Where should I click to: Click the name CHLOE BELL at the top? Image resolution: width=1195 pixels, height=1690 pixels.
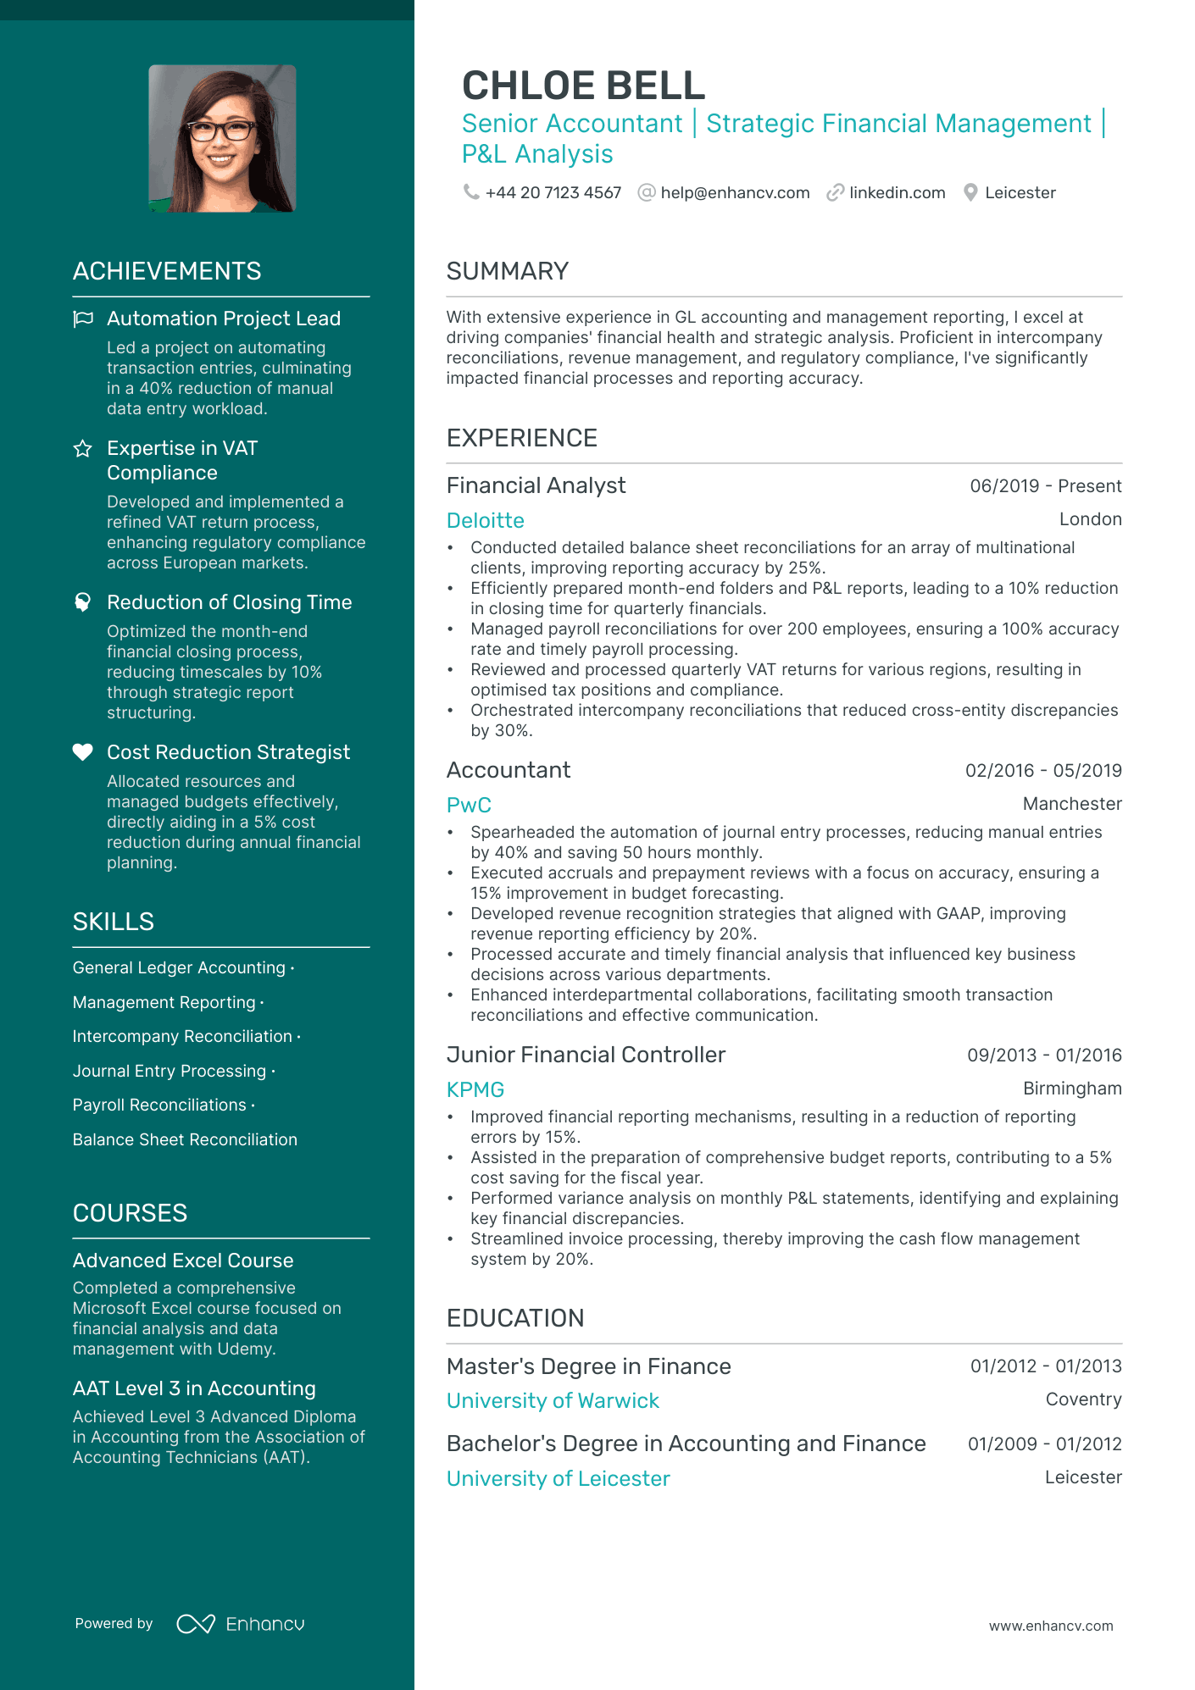pos(583,86)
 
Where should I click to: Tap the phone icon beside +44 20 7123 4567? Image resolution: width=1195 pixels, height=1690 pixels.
pos(470,192)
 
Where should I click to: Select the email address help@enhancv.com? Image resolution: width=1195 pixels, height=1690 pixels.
pos(735,193)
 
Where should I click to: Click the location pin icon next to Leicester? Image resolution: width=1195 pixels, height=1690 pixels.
pos(970,193)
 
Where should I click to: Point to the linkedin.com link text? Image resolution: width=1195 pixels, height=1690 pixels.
pos(897,193)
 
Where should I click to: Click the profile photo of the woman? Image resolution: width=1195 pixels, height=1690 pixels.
pos(222,138)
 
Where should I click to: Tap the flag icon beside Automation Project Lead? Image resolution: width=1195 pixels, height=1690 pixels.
pos(83,319)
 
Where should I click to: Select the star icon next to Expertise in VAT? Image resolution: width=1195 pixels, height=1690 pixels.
pos(83,449)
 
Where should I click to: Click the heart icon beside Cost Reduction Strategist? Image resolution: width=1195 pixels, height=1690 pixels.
pos(83,752)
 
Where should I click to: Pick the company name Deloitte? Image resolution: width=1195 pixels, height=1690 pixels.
pos(486,520)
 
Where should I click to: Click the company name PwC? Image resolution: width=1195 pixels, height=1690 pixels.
pos(469,805)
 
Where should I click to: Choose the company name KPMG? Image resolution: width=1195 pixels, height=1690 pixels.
pos(475,1089)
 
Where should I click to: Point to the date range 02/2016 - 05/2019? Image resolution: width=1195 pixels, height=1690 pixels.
pos(1043,771)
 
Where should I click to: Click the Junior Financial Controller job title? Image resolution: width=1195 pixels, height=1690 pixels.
pos(586,1055)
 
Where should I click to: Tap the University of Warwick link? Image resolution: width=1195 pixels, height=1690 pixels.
pos(553,1401)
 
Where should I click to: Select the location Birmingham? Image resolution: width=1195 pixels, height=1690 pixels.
pos(1072,1089)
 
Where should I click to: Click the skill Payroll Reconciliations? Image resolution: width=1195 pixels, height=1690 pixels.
pos(159,1105)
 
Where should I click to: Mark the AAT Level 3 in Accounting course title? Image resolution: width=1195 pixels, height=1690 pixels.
pos(194,1388)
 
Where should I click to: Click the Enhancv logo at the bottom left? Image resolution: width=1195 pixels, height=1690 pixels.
pos(240,1624)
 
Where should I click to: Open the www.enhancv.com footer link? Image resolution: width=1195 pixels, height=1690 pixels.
pos(1051,1626)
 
